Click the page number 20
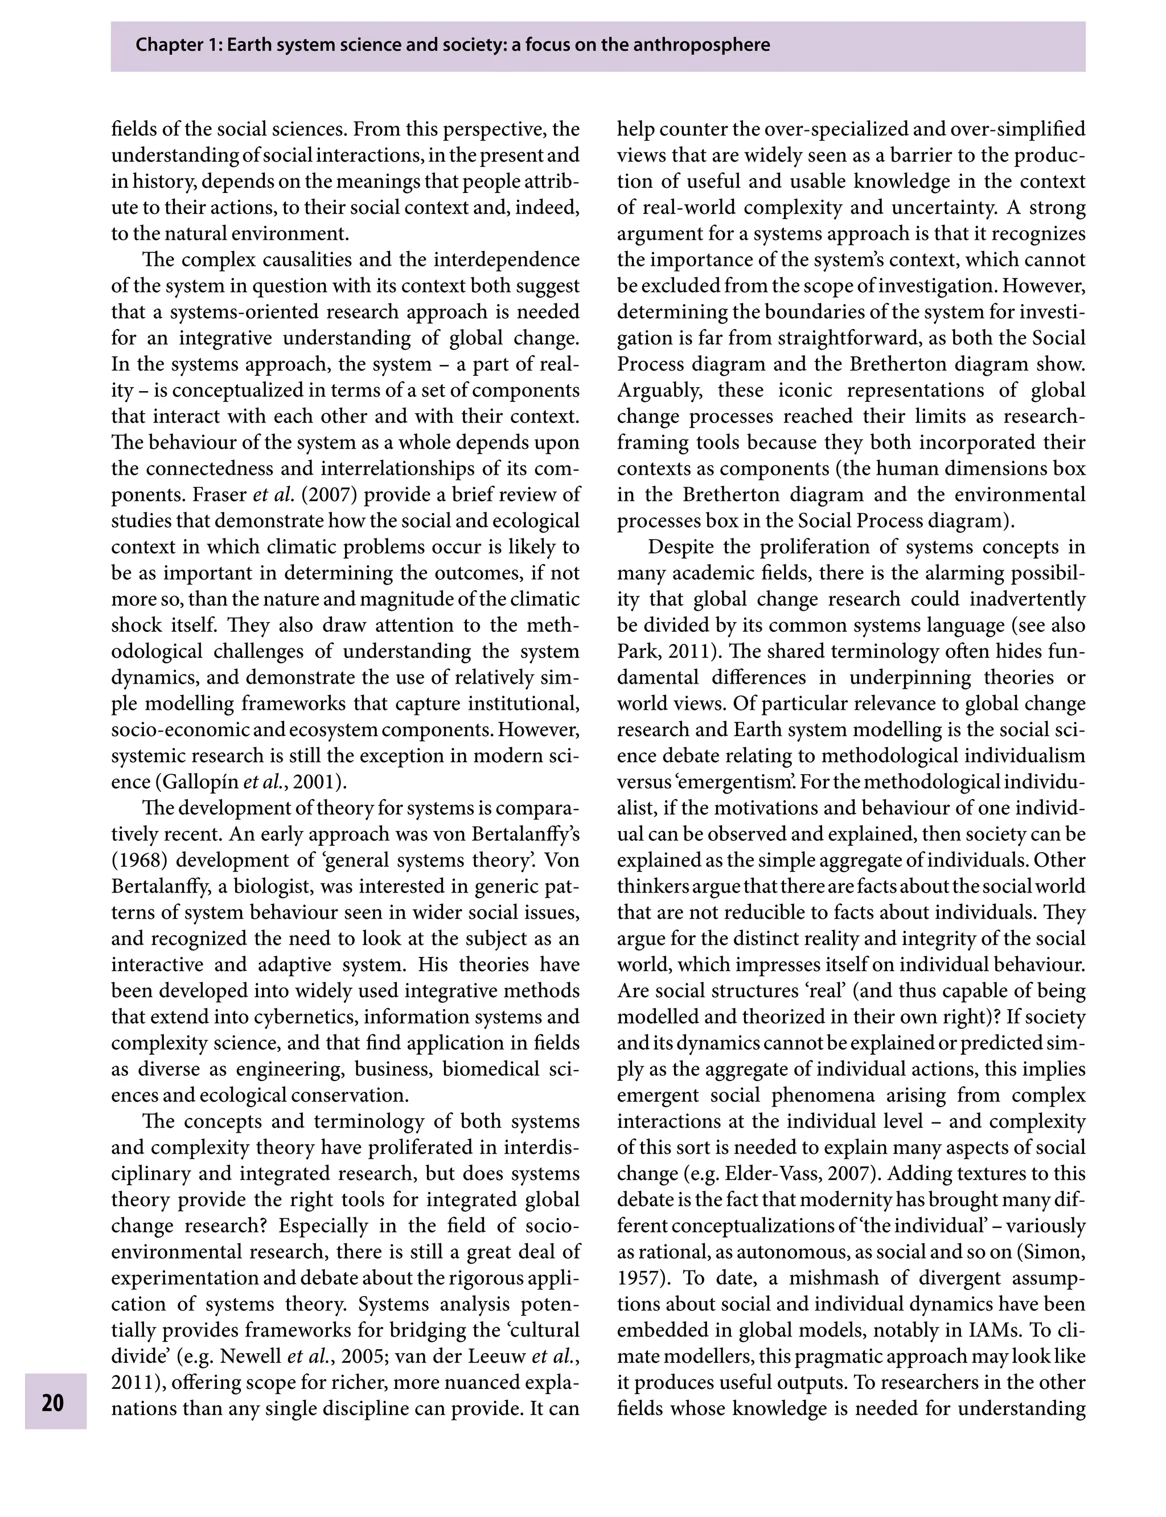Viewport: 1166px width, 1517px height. [x=53, y=1403]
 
